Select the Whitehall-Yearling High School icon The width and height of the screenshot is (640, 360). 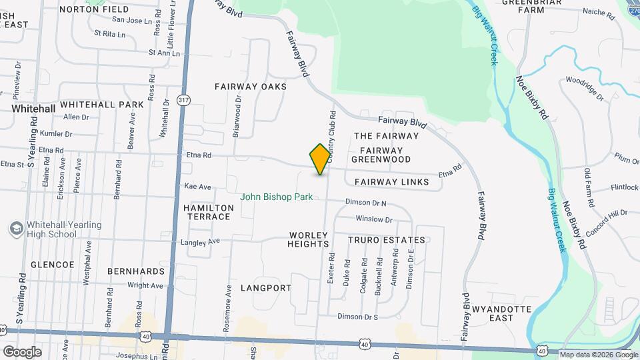click(x=15, y=229)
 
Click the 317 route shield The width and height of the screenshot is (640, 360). click(x=183, y=99)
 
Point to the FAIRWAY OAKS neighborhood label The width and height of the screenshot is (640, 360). click(x=250, y=87)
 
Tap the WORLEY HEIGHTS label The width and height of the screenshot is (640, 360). click(x=309, y=240)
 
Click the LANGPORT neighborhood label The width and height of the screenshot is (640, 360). click(x=265, y=288)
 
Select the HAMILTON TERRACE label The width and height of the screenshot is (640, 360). click(x=209, y=213)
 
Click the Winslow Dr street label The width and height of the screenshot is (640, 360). click(x=375, y=219)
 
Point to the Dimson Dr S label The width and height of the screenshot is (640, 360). click(x=358, y=317)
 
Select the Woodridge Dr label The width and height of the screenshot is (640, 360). click(x=584, y=88)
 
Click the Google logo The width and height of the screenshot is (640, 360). click(x=22, y=351)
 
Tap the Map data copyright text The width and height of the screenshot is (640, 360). click(x=599, y=355)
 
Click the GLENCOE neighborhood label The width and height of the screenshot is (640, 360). click(x=53, y=265)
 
